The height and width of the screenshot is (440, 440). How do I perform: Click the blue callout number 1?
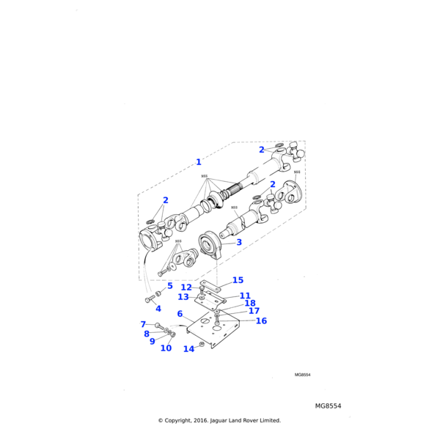tap(198, 162)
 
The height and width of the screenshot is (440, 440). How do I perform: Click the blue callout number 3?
tap(239, 242)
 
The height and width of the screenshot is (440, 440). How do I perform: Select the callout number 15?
tap(238, 280)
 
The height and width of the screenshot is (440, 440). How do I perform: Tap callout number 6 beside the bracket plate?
tap(180, 314)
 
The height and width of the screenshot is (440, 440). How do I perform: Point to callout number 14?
tap(188, 349)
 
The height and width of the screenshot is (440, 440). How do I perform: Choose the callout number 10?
tap(166, 348)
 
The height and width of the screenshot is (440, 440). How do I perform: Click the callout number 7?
tap(143, 324)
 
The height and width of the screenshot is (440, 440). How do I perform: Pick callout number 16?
tap(261, 320)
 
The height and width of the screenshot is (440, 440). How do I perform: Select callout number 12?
tap(186, 287)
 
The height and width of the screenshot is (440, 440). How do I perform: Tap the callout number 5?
tap(169, 286)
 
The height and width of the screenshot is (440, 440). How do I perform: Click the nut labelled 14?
tap(202, 344)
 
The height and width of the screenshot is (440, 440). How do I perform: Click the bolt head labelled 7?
tap(157, 325)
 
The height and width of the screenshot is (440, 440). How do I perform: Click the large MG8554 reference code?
tap(328, 406)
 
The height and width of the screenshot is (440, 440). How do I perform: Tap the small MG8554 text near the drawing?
tap(302, 375)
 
